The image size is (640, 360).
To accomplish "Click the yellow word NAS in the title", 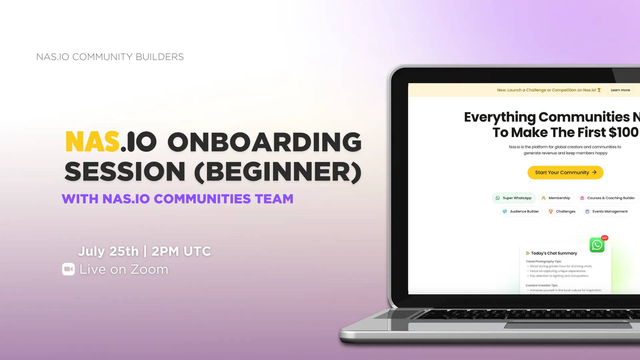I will pyautogui.click(x=92, y=142).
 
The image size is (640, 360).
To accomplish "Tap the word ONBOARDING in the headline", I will pyautogui.click(x=264, y=142).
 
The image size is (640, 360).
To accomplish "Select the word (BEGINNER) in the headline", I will pyautogui.click(x=278, y=172).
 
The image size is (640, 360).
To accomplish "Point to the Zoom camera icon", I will pyautogui.click(x=68, y=269).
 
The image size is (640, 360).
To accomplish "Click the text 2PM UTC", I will pyautogui.click(x=181, y=251).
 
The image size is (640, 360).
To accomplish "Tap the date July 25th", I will pyautogui.click(x=108, y=251).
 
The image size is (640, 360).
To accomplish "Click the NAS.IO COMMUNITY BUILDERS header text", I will pyautogui.click(x=110, y=57).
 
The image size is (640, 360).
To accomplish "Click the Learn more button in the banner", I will pyautogui.click(x=620, y=90).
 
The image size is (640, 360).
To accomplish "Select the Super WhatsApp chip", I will pyautogui.click(x=514, y=198).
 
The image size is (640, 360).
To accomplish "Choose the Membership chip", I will pyautogui.click(x=556, y=198).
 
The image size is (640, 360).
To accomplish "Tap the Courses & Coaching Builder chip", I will pyautogui.click(x=608, y=198).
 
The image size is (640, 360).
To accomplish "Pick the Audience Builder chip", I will pyautogui.click(x=521, y=211).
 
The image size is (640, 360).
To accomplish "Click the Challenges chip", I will pyautogui.click(x=562, y=211).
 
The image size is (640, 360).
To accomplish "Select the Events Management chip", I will pyautogui.click(x=607, y=211).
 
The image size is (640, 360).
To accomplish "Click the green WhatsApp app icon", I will pyautogui.click(x=597, y=245).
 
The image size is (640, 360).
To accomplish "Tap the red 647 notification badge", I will pyautogui.click(x=605, y=238).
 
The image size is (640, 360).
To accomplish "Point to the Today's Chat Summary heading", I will pyautogui.click(x=554, y=253).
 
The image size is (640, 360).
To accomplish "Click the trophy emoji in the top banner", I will pyautogui.click(x=599, y=90).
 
